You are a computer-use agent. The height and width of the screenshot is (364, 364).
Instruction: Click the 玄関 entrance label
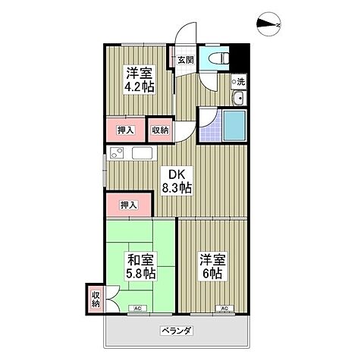(x=186, y=60)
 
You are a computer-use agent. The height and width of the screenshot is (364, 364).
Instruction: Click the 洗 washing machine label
(x=239, y=81)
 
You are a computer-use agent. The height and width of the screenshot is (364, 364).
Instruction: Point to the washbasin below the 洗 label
(x=238, y=97)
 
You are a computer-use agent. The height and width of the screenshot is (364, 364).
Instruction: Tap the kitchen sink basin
(x=142, y=154)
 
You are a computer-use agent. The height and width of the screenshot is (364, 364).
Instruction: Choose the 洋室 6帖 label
(x=212, y=266)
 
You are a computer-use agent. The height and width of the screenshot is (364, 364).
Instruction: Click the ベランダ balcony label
(x=176, y=330)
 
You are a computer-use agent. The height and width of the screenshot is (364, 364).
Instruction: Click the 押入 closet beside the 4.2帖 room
(x=127, y=130)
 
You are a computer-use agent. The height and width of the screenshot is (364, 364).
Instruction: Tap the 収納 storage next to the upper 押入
(x=160, y=130)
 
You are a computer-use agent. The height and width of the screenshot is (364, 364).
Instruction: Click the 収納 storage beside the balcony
(x=96, y=300)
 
